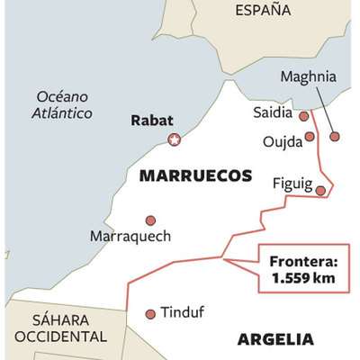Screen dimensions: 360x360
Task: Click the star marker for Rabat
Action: [x=175, y=139]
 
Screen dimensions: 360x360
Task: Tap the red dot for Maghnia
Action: [x=335, y=137]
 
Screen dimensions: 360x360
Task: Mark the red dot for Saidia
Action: [x=304, y=115]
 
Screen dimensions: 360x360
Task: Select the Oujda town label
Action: [x=281, y=142]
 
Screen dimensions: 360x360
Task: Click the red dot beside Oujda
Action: [x=310, y=137]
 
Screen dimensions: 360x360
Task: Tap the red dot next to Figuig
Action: [x=319, y=189]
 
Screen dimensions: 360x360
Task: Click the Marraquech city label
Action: [x=130, y=236]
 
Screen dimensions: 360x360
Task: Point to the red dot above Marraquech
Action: [x=150, y=220]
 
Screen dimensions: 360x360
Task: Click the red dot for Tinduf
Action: [x=150, y=314]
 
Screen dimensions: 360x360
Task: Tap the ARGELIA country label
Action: [x=275, y=339]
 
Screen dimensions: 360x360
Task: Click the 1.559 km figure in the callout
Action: [x=303, y=279]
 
